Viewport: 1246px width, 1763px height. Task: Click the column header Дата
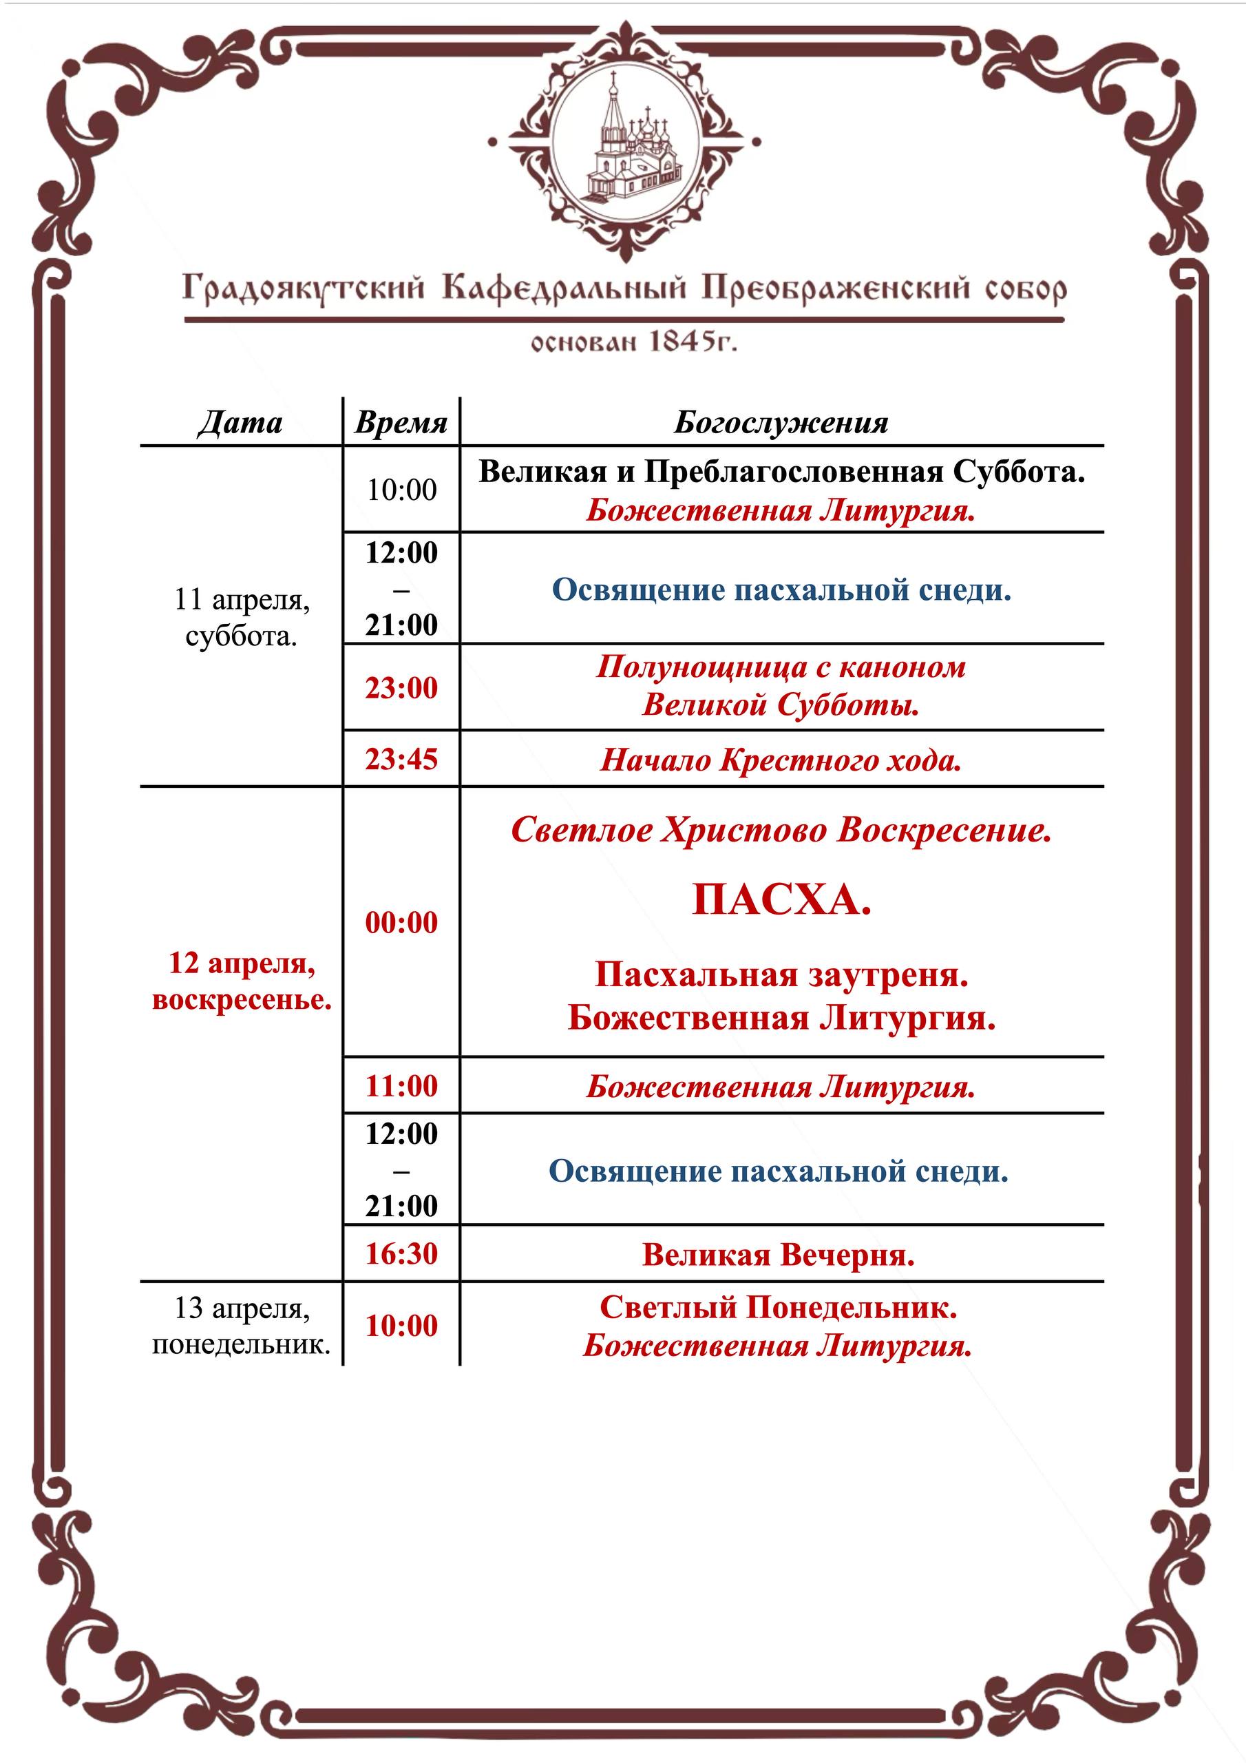240,423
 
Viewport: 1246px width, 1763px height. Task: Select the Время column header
401,423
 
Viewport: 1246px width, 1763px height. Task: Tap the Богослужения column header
781,423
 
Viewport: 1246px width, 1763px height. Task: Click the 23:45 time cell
401,759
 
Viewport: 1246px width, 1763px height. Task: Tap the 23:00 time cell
401,687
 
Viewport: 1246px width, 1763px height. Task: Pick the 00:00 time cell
401,921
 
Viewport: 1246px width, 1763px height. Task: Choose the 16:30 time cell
401,1254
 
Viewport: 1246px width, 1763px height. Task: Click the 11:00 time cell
401,1086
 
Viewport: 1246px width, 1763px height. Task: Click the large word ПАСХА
781,899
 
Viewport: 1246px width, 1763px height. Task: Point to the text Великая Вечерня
778,1255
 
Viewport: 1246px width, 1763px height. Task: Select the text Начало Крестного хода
781,760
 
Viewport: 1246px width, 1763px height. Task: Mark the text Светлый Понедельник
778,1307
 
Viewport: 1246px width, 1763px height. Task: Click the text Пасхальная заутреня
781,974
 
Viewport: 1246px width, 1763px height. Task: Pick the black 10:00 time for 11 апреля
401,489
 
